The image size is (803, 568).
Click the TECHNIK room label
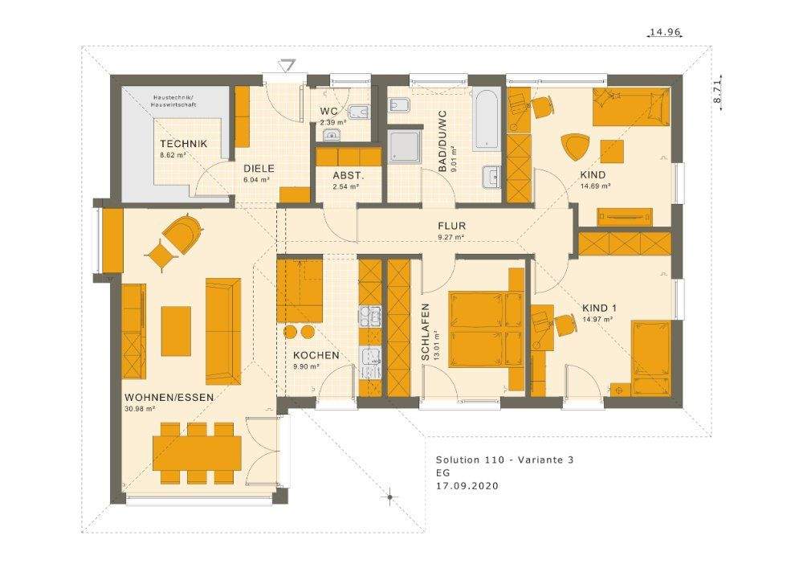click(183, 144)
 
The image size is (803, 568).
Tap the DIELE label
click(259, 169)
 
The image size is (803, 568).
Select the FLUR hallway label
click(451, 226)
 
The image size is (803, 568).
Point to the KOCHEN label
click(316, 355)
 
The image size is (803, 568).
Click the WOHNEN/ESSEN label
click(169, 398)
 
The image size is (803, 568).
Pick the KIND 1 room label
click(599, 309)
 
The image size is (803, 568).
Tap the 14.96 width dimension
click(665, 32)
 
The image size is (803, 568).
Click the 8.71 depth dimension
click(717, 92)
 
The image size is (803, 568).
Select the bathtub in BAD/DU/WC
click(486, 120)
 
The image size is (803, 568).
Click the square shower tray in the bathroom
click(406, 146)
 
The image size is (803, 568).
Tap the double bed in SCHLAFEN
click(486, 329)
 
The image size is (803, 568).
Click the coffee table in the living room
click(176, 331)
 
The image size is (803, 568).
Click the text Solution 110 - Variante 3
click(505, 460)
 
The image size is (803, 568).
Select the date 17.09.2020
click(467, 486)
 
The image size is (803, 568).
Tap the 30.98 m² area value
click(140, 409)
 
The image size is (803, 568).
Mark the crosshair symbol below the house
click(389, 496)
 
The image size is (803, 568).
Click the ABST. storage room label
click(348, 174)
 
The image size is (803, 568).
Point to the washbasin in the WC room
click(332, 135)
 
